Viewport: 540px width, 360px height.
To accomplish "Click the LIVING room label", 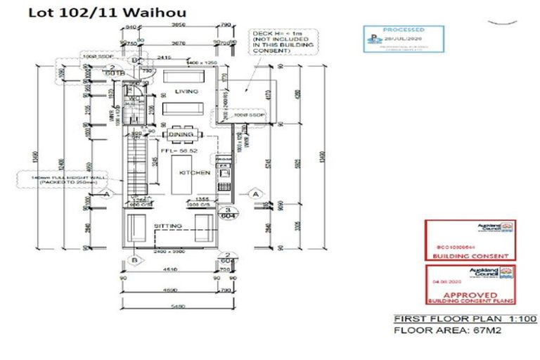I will point(186,91).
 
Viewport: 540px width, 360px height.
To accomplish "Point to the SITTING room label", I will point(169,226).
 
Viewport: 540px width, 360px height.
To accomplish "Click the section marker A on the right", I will point(256,193).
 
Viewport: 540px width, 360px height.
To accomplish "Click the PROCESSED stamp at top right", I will point(403,39).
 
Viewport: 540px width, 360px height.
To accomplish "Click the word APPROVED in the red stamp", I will point(470,295).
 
